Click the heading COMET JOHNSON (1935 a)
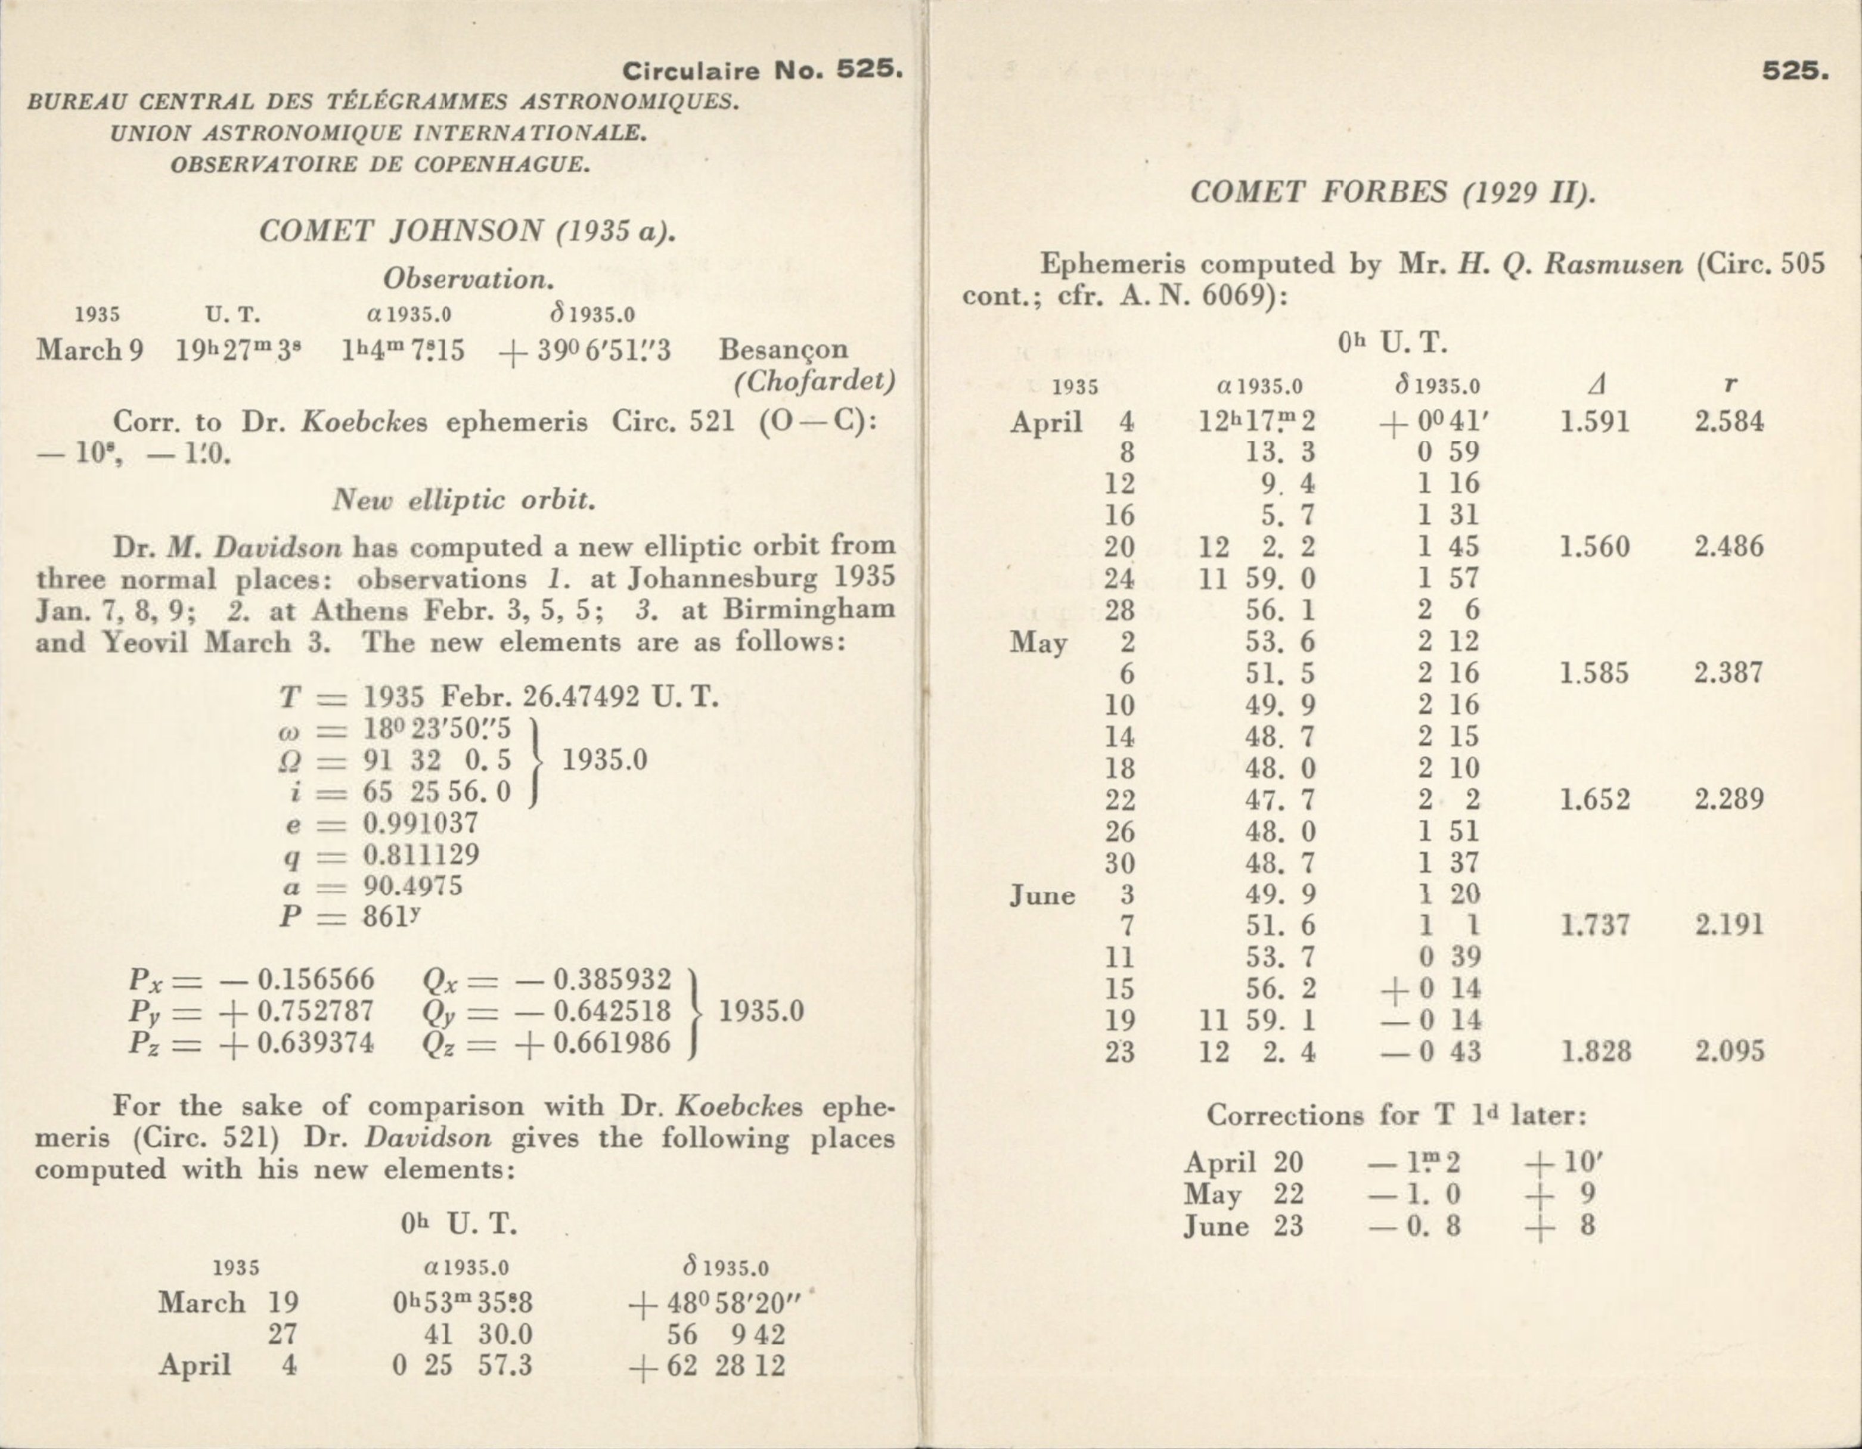pos(467,232)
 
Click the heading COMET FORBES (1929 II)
pos(1392,192)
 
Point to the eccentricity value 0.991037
pos(421,823)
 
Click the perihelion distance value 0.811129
pos(421,855)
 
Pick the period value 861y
pos(392,917)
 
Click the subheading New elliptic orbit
pos(464,499)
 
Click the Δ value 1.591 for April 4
pos(1594,422)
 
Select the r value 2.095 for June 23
pos(1729,1051)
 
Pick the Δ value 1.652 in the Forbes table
pos(1594,800)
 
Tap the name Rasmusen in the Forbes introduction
pos(1614,264)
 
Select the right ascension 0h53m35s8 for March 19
pos(462,1303)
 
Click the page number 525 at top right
pos(1795,71)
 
